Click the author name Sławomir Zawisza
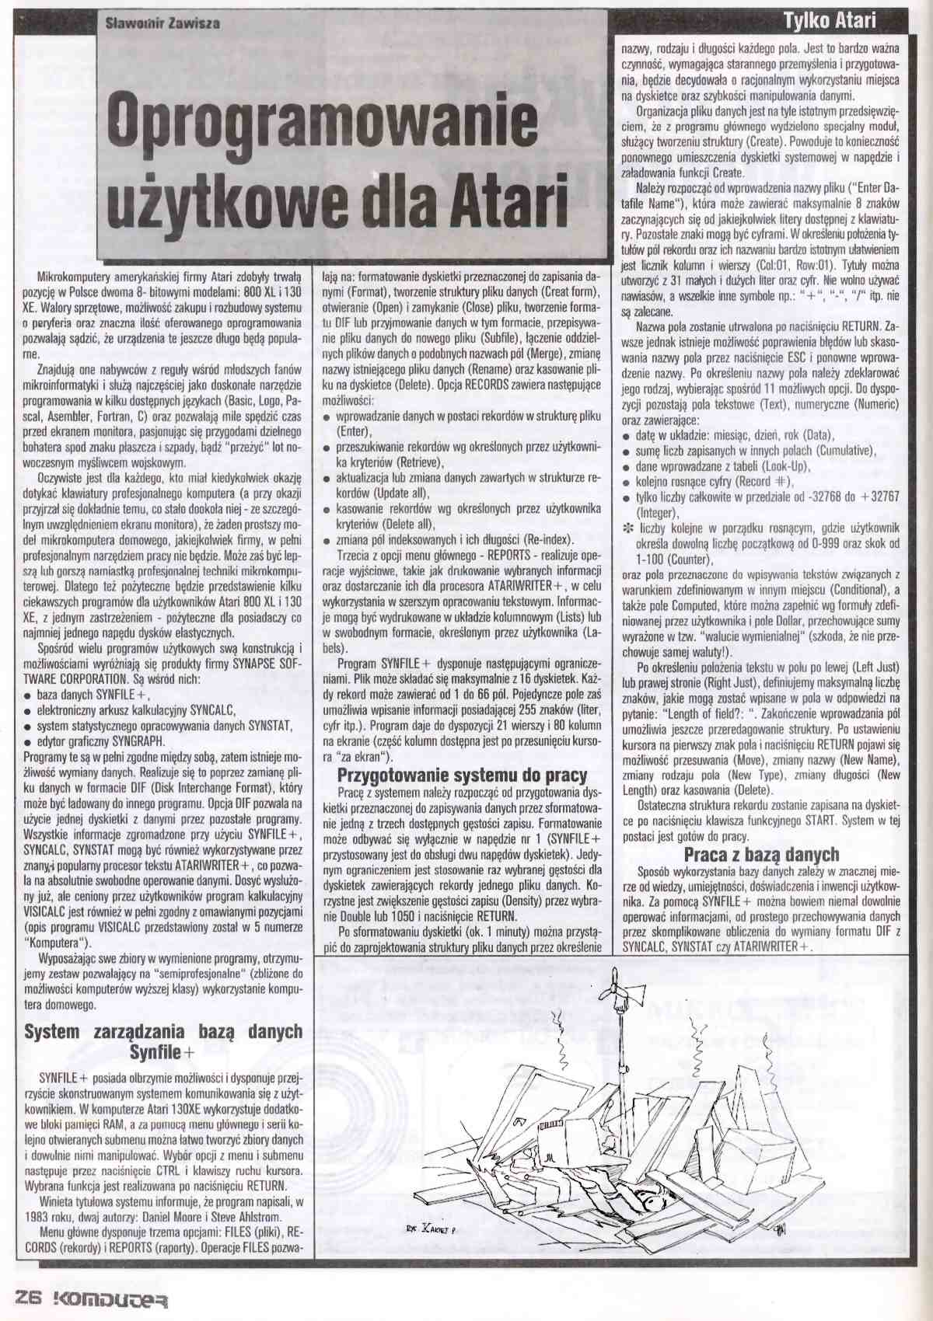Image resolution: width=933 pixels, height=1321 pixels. click(162, 23)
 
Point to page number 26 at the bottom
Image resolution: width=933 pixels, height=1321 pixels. click(27, 1299)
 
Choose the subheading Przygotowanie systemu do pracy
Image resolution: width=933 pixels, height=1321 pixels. click(462, 776)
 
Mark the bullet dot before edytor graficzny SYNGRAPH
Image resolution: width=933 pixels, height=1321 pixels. click(27, 741)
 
